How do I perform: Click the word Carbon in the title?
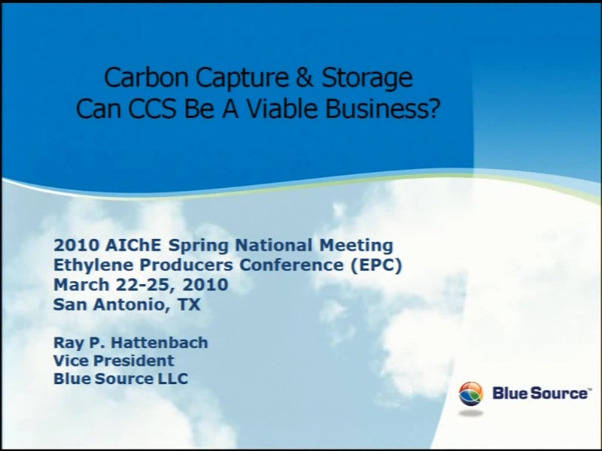(x=146, y=77)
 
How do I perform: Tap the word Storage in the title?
(x=366, y=79)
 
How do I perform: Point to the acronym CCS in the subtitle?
(x=152, y=108)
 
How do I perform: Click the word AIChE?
(x=133, y=245)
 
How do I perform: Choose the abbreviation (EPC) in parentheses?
(x=376, y=265)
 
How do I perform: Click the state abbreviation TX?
(x=189, y=304)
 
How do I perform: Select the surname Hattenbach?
(x=160, y=343)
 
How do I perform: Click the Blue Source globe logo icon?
(x=471, y=393)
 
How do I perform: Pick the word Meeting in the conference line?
(x=356, y=246)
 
